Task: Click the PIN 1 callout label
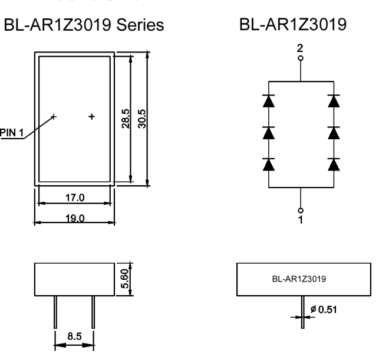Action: click(x=11, y=132)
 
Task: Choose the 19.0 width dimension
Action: click(x=74, y=218)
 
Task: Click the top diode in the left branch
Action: click(x=269, y=100)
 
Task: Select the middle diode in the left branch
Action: click(x=269, y=132)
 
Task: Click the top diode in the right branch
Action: click(x=334, y=100)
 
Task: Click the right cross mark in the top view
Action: click(x=91, y=117)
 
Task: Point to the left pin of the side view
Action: click(x=55, y=312)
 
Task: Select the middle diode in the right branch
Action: click(x=334, y=132)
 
